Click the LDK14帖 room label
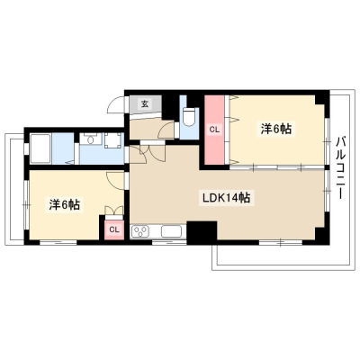click(x=227, y=197)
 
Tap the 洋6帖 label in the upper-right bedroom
click(x=276, y=129)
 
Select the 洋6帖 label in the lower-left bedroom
click(x=64, y=204)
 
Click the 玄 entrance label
click(x=145, y=104)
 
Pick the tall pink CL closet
click(x=214, y=130)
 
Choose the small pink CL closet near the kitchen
click(x=114, y=229)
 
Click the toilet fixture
click(x=189, y=117)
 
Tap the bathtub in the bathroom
click(x=41, y=148)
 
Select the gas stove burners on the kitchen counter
click(x=140, y=231)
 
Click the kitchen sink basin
click(x=171, y=231)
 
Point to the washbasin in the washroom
click(x=90, y=139)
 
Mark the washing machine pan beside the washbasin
click(x=113, y=140)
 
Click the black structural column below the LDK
click(x=202, y=231)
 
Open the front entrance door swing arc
click(x=115, y=104)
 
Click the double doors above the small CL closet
click(x=113, y=211)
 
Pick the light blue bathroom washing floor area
click(x=63, y=148)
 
